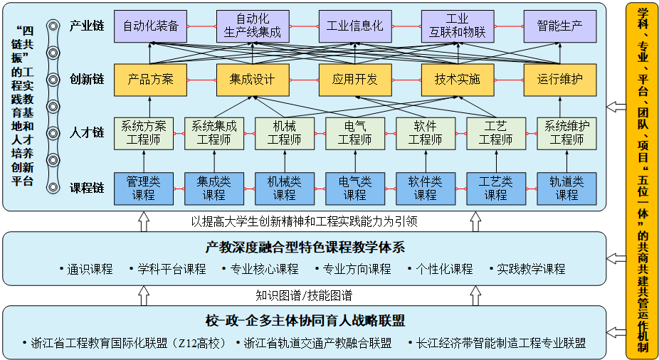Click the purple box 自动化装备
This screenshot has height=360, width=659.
click(x=150, y=26)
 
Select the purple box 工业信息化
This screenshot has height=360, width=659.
click(x=354, y=26)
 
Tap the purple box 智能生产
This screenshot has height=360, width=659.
click(x=559, y=26)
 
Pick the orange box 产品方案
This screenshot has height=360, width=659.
click(x=150, y=79)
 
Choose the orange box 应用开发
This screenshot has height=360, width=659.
click(x=354, y=79)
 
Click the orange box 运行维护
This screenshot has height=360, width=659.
click(x=559, y=79)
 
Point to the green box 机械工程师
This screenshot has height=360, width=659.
click(x=284, y=133)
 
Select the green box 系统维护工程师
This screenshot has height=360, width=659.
click(x=566, y=133)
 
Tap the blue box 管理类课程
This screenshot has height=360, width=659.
click(x=143, y=188)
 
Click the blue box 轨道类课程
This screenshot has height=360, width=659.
click(x=566, y=188)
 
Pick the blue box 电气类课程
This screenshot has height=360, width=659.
click(x=354, y=188)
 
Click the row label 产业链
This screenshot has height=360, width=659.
click(x=87, y=26)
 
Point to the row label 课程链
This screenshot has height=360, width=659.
click(x=87, y=189)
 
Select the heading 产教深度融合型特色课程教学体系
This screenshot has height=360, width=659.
click(x=305, y=248)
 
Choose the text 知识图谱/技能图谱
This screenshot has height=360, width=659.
click(x=305, y=295)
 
